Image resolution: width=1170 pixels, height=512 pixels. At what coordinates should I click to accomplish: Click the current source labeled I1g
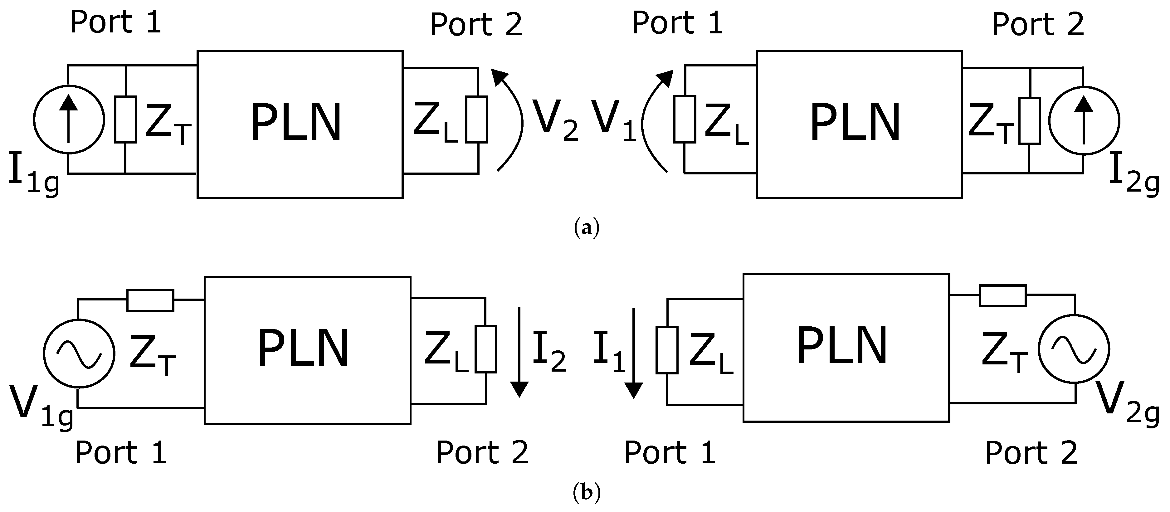69,119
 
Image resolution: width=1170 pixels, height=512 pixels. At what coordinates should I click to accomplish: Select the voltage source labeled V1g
79,354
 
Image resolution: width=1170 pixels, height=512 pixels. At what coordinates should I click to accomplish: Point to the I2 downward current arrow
519,352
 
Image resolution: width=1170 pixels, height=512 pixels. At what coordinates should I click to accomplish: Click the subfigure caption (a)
586,227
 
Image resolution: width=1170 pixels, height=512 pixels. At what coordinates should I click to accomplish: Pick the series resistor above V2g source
1002,296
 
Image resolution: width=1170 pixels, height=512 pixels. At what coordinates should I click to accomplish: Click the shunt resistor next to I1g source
125,119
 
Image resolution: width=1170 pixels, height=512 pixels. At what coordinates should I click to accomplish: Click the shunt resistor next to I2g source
1029,121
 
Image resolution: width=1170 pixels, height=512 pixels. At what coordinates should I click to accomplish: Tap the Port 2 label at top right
1037,25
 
